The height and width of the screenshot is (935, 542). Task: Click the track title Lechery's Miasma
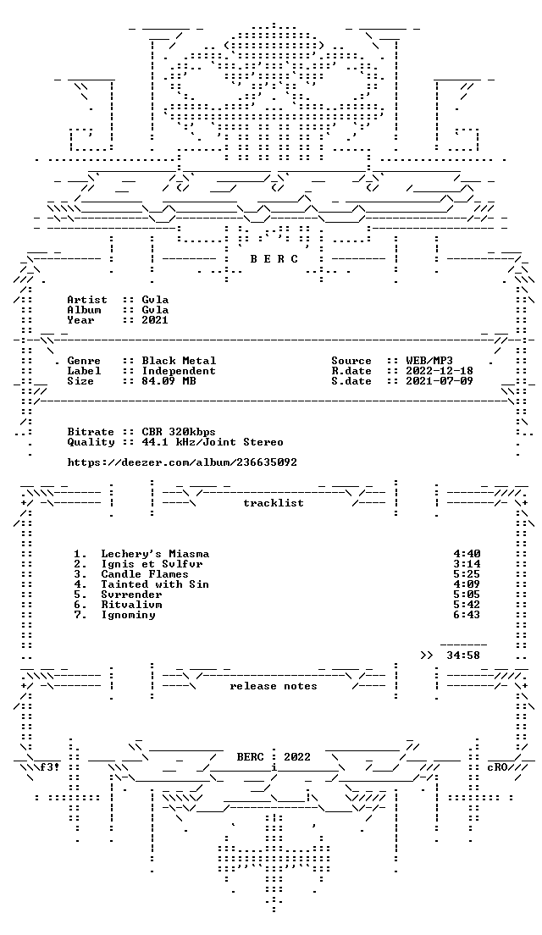click(155, 554)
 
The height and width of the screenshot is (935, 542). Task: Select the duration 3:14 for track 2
click(467, 564)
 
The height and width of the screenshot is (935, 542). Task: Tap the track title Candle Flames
click(145, 574)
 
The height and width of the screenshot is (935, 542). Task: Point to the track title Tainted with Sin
click(155, 584)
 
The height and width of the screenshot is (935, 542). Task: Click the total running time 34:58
click(463, 656)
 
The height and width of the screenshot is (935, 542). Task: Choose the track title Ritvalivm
click(131, 605)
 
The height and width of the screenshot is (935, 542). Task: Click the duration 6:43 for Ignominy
click(467, 615)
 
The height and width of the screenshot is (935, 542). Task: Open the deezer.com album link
click(182, 462)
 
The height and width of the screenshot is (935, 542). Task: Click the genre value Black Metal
click(179, 361)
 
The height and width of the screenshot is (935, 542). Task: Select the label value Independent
click(179, 371)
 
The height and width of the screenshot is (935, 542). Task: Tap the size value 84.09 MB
click(169, 381)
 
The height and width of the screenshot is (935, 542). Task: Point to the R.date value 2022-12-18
click(440, 371)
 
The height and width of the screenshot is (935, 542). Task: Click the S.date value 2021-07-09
click(440, 381)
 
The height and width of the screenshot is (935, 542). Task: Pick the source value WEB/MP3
click(429, 361)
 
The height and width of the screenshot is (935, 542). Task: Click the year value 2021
click(155, 319)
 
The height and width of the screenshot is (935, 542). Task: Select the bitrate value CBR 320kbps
click(179, 432)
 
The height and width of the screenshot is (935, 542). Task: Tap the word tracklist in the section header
click(274, 503)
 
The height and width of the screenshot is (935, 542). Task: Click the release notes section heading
click(274, 686)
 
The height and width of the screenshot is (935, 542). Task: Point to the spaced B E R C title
click(274, 259)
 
